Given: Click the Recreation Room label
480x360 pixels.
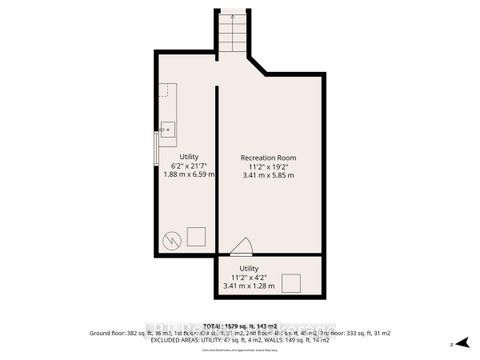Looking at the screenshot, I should [x=270, y=157].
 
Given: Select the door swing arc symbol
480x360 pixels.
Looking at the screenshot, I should [x=241, y=245].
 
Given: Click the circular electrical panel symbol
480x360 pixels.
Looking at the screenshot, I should [x=170, y=239].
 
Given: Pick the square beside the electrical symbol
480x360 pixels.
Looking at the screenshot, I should [x=196, y=236].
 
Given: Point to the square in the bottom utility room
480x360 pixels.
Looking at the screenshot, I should [x=293, y=282].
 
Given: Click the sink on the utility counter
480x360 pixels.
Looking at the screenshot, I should [x=168, y=129].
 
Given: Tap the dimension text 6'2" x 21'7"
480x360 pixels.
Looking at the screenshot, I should [x=189, y=165].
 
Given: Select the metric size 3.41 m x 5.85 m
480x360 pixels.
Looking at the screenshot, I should [x=270, y=175].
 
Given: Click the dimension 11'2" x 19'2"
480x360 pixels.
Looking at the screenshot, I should [x=270, y=166].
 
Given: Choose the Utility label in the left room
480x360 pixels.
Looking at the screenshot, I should [x=189, y=156].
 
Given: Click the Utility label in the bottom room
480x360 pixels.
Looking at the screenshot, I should [x=250, y=268].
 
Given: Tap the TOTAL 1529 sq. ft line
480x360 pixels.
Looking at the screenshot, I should [x=240, y=327].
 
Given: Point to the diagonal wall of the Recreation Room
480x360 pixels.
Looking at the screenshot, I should [x=256, y=67].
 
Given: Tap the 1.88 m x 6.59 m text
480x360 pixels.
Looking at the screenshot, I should [x=189, y=174].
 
